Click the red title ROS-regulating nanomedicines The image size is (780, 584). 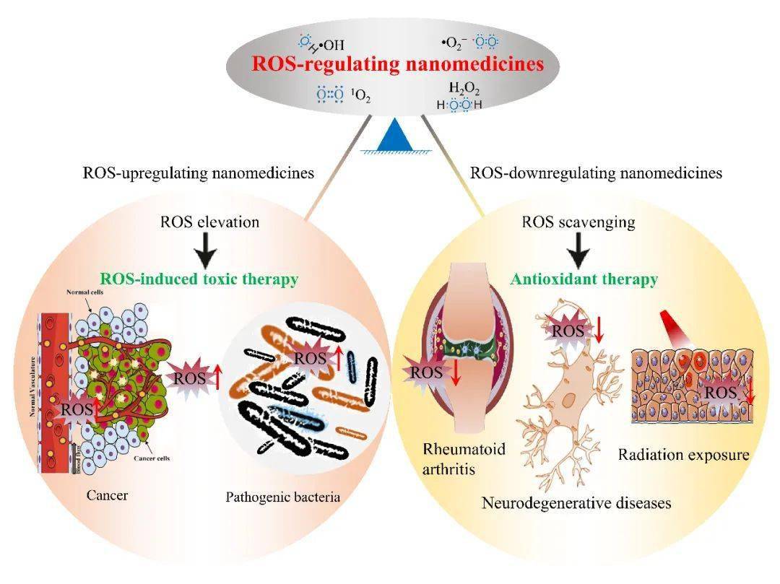coord(397,64)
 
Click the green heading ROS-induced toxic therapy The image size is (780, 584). coord(199,279)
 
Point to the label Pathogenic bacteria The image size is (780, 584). coord(282,497)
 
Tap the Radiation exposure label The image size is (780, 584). coord(683,456)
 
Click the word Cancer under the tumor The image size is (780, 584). coord(108,494)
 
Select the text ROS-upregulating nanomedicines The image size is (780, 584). coord(199,173)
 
